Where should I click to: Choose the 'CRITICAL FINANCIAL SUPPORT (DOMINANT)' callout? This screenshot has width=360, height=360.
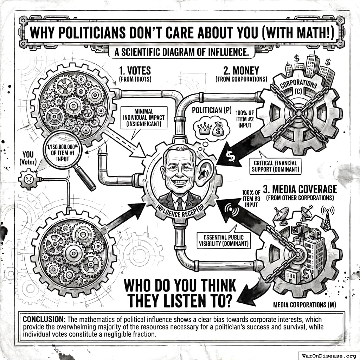[275, 166]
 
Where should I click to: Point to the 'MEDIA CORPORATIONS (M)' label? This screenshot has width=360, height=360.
[304, 305]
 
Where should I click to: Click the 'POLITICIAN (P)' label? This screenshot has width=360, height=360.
[211, 110]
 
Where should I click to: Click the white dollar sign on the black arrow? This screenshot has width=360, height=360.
[231, 157]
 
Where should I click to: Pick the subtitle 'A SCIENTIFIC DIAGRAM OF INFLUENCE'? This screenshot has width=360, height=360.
[181, 53]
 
